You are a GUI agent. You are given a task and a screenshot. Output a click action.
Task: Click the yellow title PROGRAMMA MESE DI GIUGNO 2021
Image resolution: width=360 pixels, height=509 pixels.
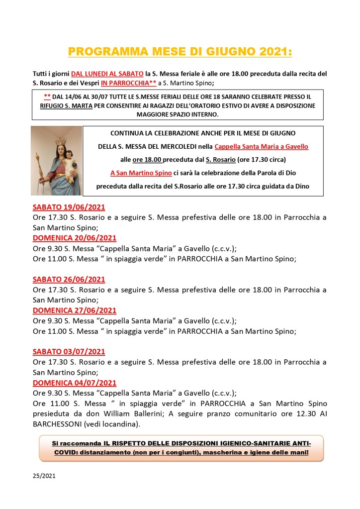[x=180, y=52]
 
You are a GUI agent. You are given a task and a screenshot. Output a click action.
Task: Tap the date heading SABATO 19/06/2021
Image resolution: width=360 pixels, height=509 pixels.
[x=69, y=207]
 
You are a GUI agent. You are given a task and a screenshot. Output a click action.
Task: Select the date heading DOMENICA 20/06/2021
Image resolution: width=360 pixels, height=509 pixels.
[x=75, y=238]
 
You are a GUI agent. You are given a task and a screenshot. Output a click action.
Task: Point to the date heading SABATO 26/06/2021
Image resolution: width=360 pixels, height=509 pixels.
[x=69, y=279]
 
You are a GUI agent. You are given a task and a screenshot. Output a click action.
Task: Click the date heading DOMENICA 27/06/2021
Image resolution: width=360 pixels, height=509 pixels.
[x=75, y=310]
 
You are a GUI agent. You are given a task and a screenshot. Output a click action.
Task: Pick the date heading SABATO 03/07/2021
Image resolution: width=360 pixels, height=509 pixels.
[x=69, y=351]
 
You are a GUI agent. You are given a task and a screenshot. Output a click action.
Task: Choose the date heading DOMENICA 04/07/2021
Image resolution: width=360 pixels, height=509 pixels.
[x=75, y=382]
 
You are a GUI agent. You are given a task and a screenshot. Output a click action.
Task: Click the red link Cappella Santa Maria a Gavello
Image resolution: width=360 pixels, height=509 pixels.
[x=261, y=146]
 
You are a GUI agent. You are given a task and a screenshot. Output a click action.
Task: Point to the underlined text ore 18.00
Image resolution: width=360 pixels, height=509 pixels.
[x=147, y=160]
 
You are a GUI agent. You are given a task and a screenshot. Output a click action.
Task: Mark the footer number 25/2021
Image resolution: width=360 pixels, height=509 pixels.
[x=44, y=476]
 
